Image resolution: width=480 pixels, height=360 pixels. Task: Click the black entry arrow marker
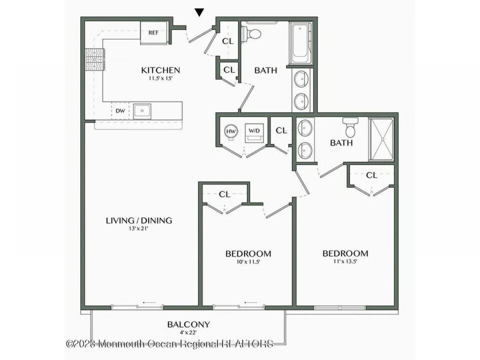[200, 12]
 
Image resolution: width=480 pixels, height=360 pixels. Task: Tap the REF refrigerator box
[154, 33]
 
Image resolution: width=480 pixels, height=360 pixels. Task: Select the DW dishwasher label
[120, 111]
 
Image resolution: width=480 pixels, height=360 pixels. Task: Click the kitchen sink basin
[142, 111]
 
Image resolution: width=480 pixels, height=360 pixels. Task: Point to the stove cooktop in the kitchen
[95, 60]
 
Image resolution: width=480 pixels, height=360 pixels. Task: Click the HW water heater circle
[231, 131]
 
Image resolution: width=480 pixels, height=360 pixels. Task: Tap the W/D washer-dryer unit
[254, 133]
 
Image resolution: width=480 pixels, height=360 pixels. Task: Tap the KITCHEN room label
[161, 70]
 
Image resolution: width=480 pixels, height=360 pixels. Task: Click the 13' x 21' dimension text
[139, 229]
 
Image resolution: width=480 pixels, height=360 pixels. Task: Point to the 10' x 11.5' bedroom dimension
[248, 262]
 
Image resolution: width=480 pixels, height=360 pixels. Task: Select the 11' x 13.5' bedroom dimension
[345, 262]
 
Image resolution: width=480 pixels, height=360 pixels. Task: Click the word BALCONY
[188, 324]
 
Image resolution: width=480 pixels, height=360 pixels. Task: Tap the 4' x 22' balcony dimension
[188, 333]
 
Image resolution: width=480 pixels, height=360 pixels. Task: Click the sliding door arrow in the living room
[149, 302]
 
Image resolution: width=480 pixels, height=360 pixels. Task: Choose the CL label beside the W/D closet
[281, 130]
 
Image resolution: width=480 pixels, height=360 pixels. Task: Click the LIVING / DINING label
[139, 220]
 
